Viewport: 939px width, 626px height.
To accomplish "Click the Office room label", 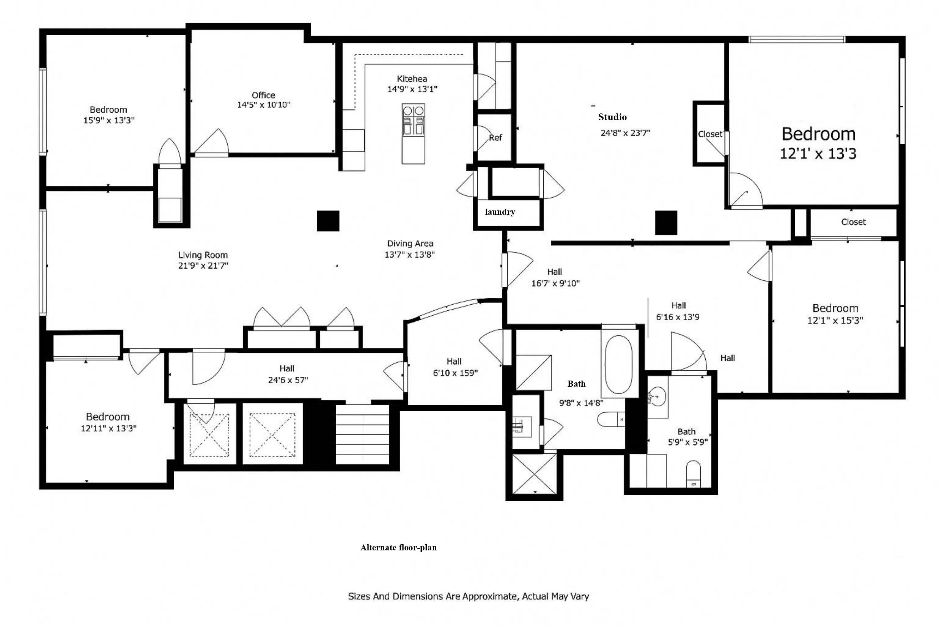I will pos(263,95).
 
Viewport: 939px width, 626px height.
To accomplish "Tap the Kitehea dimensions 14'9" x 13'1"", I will pos(412,89).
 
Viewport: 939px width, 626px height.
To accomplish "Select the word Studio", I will pos(612,117).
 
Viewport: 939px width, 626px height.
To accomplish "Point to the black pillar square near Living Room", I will pos(328,221).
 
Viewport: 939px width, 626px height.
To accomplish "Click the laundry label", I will pos(500,212).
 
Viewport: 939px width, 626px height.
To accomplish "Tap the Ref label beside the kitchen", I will pos(495,138).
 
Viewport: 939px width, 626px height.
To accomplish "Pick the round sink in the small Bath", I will pos(657,396).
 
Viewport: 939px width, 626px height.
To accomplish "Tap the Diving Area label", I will pos(410,244).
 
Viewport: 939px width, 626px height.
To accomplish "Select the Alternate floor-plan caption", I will pos(398,548).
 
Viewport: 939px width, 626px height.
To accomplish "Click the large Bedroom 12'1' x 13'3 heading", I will pos(818,134).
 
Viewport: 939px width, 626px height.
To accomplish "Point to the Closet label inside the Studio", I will pos(710,134).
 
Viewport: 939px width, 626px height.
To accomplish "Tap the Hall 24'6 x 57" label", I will pos(288,374).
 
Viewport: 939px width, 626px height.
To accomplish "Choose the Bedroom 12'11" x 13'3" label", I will pos(108,422).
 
